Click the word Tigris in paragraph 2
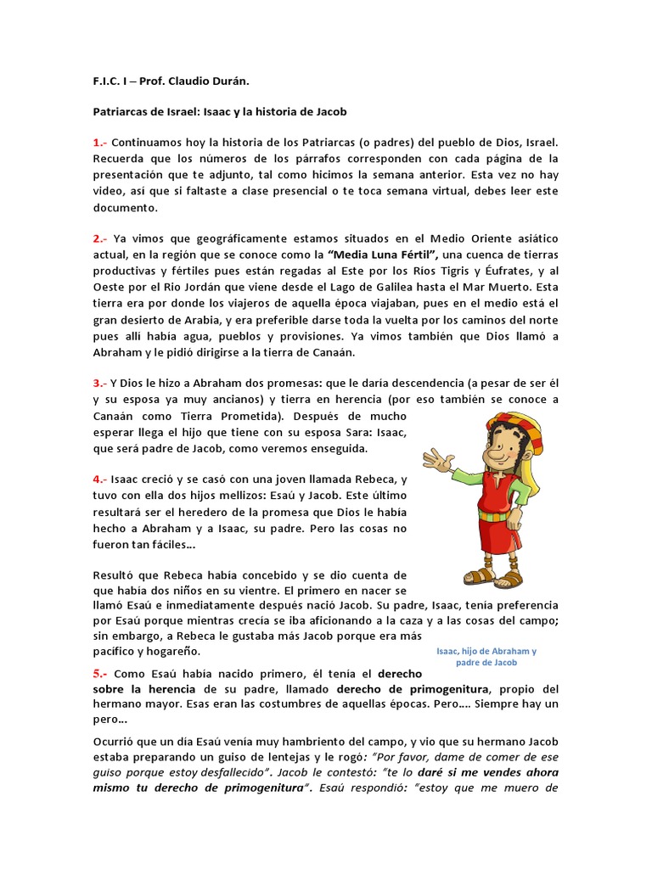[452, 271]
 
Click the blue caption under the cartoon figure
[486, 657]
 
